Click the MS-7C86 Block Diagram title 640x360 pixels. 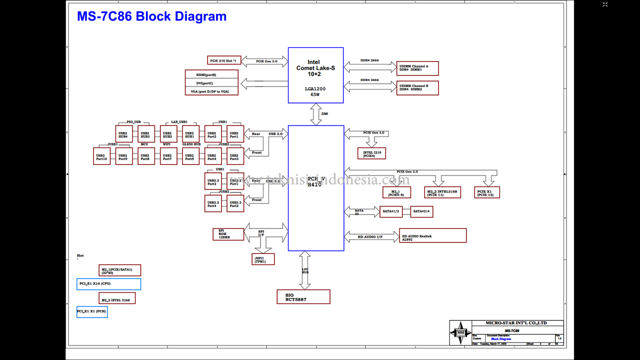[x=151, y=16]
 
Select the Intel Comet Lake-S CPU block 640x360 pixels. [x=315, y=75]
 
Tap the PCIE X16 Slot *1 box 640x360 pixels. [x=225, y=60]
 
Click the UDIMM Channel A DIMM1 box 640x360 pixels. [x=417, y=67]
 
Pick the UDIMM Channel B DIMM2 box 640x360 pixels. [x=417, y=88]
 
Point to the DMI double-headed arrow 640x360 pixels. [x=316, y=114]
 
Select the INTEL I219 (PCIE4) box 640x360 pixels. [x=371, y=153]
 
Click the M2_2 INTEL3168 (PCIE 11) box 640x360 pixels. [x=442, y=192]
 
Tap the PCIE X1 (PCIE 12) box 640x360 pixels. [x=486, y=192]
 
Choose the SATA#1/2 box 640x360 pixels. [x=391, y=211]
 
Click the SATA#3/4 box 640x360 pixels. [x=422, y=211]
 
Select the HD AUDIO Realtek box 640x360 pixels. [x=432, y=235]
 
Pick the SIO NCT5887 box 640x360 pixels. [x=303, y=296]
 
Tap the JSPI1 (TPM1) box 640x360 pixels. [x=263, y=259]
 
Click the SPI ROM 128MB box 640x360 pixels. [x=228, y=234]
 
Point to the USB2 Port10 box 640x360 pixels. [x=101, y=156]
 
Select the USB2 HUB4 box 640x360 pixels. [x=123, y=134]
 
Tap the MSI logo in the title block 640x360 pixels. [x=459, y=332]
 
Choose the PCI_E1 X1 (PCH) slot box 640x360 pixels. [x=92, y=311]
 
